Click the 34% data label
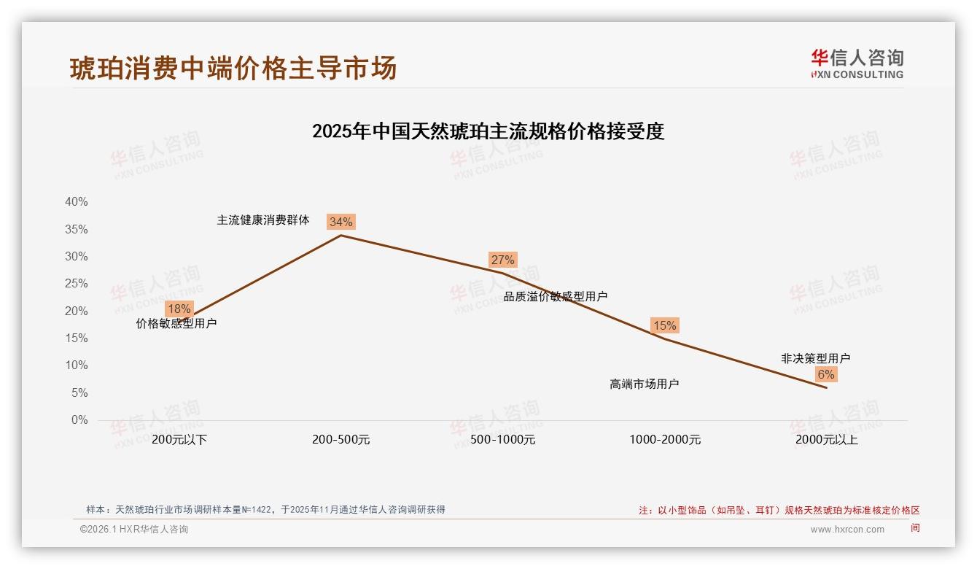click(340, 222)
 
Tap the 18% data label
click(179, 309)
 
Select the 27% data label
click(502, 260)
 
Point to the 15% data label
click(664, 325)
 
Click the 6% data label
click(825, 374)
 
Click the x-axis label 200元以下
click(179, 440)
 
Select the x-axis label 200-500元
click(340, 440)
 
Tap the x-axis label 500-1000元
click(502, 440)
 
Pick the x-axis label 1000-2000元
click(664, 440)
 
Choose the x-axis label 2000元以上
click(826, 440)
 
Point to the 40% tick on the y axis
click(76, 202)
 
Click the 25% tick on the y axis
click(76, 284)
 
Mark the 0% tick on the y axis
click(79, 420)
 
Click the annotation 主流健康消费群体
click(263, 220)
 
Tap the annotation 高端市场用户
click(644, 384)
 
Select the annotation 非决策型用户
click(815, 358)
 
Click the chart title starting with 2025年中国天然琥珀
click(488, 132)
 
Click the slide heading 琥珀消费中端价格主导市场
click(233, 68)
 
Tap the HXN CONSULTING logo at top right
click(857, 63)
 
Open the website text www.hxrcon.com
click(847, 530)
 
